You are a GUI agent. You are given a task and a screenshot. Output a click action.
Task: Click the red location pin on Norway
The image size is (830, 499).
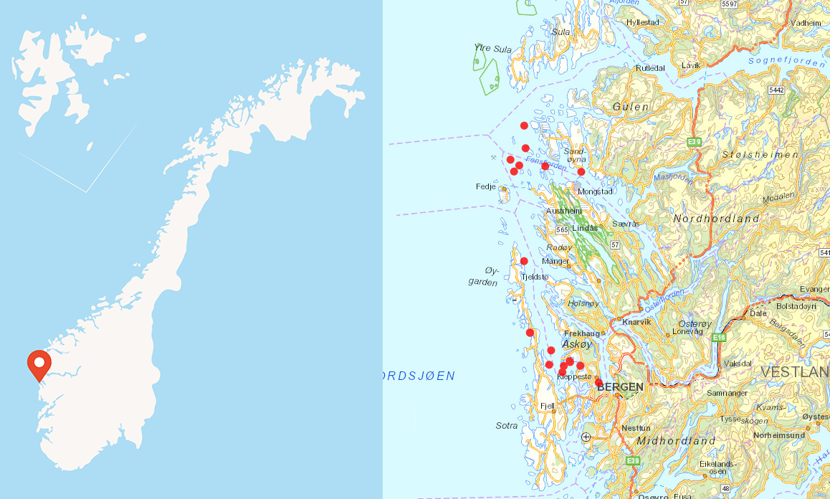[x=39, y=363]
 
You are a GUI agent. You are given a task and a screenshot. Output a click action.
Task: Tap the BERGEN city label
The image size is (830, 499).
[x=620, y=386]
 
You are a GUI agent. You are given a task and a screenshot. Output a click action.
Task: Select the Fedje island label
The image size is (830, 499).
[x=486, y=187]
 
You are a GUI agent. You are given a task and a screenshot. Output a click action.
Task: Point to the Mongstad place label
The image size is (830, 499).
[x=595, y=192]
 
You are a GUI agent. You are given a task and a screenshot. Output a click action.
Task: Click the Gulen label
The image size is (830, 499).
[x=631, y=107]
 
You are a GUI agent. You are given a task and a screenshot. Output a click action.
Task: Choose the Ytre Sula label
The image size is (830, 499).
[x=493, y=49]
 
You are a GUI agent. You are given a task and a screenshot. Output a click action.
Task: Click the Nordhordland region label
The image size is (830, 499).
[x=716, y=218]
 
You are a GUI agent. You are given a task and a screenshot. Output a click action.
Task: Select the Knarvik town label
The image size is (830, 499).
[x=637, y=322]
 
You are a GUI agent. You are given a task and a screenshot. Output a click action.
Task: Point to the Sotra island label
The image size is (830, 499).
[x=507, y=426]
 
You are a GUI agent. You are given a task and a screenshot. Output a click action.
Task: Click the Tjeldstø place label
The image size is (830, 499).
[x=535, y=277]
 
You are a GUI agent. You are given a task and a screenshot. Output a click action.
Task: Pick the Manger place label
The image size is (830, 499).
[x=555, y=261]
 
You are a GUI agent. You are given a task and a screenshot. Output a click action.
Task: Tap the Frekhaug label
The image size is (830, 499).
[x=582, y=333]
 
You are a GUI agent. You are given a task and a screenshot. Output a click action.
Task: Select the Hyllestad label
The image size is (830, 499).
[x=642, y=22]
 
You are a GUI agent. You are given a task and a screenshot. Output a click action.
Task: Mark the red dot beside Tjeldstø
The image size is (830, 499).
[x=524, y=261]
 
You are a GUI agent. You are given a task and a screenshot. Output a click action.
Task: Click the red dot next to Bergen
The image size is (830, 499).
[x=598, y=382]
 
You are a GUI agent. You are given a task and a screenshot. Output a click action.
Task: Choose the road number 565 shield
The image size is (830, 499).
[x=562, y=229]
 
